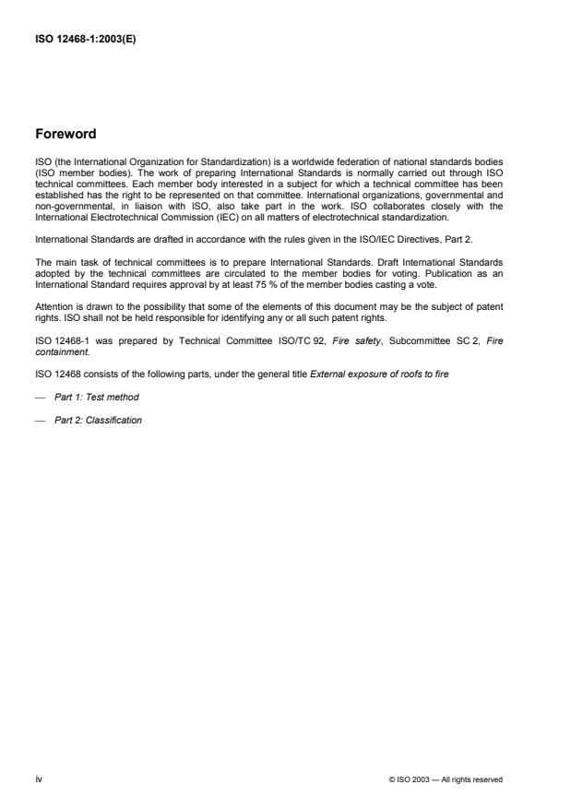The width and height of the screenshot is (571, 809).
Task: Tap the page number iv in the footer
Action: tap(38, 779)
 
